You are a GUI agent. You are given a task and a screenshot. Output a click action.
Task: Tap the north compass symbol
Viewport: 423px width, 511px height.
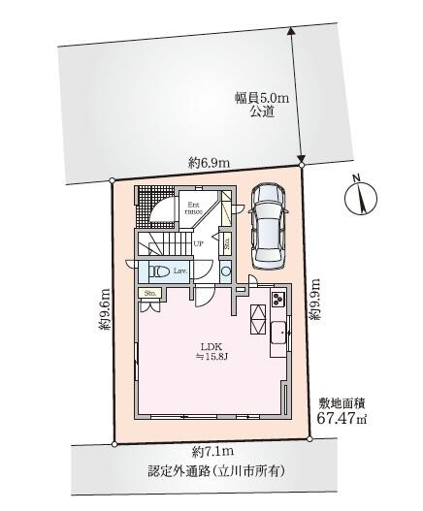tap(357, 196)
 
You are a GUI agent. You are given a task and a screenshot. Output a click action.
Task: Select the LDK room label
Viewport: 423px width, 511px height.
tap(212, 346)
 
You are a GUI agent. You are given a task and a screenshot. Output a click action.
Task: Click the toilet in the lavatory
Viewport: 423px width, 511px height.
tap(162, 271)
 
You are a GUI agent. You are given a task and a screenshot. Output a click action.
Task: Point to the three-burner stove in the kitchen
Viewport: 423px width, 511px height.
tap(277, 298)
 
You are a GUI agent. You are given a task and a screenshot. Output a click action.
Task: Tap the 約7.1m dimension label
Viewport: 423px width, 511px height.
tap(211, 452)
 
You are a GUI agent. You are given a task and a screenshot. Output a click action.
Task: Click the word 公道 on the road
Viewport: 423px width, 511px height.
tap(261, 112)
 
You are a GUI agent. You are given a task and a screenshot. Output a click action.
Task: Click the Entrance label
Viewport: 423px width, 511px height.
tap(194, 208)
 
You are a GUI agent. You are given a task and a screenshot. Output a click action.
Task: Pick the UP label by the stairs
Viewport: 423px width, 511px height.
tap(197, 243)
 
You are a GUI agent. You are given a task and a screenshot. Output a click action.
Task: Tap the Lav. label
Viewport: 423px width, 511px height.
tap(181, 271)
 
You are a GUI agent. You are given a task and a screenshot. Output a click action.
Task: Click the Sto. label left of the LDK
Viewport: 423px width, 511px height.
tap(151, 292)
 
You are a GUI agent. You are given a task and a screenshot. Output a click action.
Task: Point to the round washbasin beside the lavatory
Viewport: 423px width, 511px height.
tap(225, 271)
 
